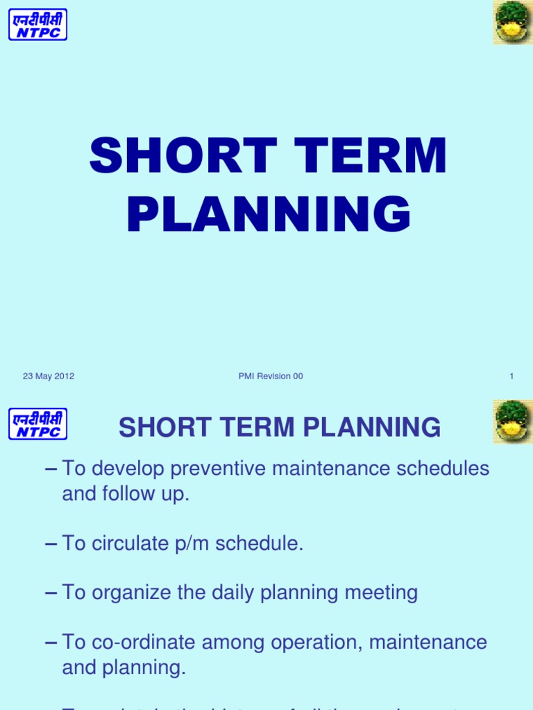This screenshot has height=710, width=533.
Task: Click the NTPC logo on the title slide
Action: click(x=37, y=24)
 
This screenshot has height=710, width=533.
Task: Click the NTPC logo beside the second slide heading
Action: click(x=37, y=424)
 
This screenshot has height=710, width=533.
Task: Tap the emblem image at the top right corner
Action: click(x=512, y=22)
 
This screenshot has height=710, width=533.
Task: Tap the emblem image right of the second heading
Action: click(x=512, y=422)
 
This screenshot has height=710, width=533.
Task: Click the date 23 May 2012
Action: click(x=49, y=376)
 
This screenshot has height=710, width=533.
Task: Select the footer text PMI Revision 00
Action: click(x=270, y=376)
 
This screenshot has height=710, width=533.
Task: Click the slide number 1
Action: click(x=511, y=376)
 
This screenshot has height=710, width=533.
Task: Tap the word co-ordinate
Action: click(x=143, y=642)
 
